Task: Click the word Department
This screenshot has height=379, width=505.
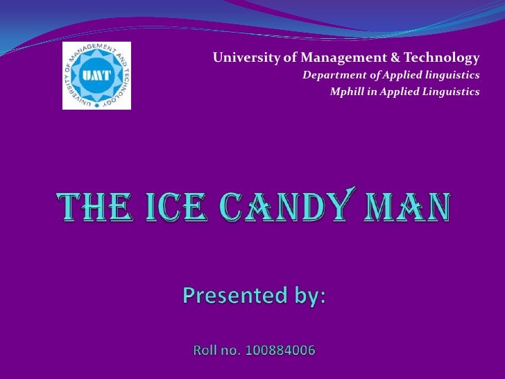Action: (329, 74)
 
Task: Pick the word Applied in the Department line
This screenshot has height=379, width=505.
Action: (391, 74)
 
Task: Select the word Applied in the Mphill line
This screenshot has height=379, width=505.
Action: (394, 92)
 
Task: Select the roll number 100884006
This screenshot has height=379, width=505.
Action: (280, 351)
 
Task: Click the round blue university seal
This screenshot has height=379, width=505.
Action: (96, 76)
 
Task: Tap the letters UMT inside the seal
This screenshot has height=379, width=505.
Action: (93, 76)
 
